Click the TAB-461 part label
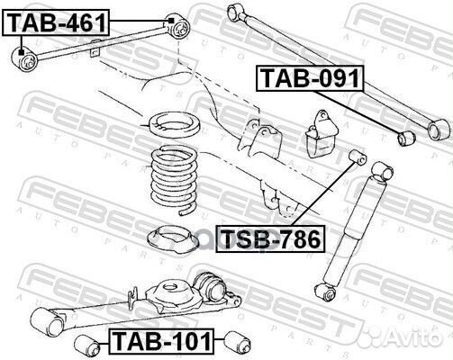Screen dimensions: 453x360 pos(56,22)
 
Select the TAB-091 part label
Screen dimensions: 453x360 pos(310,78)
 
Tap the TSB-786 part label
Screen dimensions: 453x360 pos(270,239)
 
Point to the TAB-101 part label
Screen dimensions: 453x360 pos(162,342)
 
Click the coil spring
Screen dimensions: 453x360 pos(174,179)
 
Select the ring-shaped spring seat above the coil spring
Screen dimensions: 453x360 pos(175,124)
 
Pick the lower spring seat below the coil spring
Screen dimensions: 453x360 pos(172,238)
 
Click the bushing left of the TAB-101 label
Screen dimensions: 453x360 pos(87,346)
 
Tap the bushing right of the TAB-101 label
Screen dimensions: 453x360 pos(238,342)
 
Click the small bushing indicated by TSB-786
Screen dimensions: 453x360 pos(358,157)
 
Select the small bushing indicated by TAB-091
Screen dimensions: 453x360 pos(407,138)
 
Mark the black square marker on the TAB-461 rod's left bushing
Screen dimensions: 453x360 pos(21,52)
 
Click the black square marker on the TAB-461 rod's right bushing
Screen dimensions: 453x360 pos(171,21)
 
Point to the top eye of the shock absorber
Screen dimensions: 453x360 pos(383,171)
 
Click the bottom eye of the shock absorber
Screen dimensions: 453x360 pos(326,292)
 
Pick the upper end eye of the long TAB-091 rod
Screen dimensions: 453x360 pos(235,11)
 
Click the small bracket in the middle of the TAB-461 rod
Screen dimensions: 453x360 pos(95,49)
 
